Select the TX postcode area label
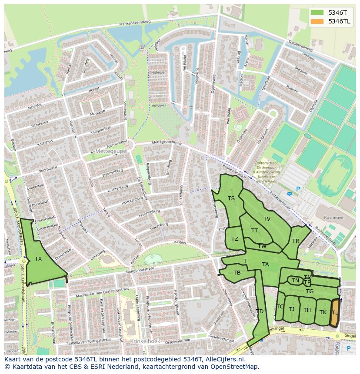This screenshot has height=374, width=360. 38,259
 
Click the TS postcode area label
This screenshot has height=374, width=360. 231,199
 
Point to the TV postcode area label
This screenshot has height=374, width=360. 267,219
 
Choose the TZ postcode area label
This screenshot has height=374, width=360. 235,239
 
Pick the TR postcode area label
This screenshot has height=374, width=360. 296,241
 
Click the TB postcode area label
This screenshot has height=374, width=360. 237,273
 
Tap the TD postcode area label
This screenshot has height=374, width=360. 260,311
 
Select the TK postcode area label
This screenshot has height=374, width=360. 323,312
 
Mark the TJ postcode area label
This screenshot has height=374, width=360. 291,309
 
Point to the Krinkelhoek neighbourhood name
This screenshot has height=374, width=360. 145,341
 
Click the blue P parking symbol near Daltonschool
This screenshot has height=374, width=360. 298,189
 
